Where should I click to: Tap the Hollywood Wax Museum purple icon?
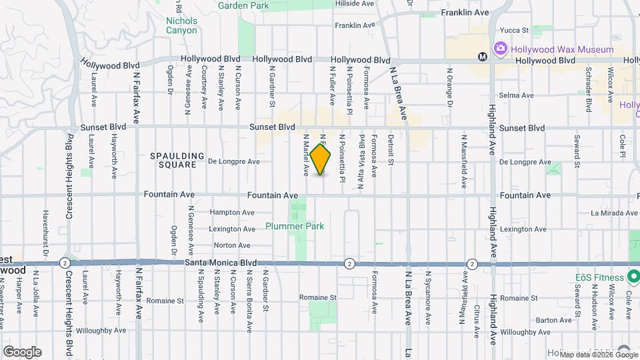pyautogui.click(x=499, y=49)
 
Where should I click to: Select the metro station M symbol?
pyautogui.click(x=483, y=57)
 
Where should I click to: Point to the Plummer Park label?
pyautogui.click(x=295, y=226)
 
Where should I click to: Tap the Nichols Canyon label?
pyautogui.click(x=181, y=25)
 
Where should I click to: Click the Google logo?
pyautogui.click(x=22, y=351)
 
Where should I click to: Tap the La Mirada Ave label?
pyautogui.click(x=614, y=213)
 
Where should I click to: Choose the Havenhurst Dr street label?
pyautogui.click(x=46, y=235)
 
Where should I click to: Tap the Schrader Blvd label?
pyautogui.click(x=589, y=89)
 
